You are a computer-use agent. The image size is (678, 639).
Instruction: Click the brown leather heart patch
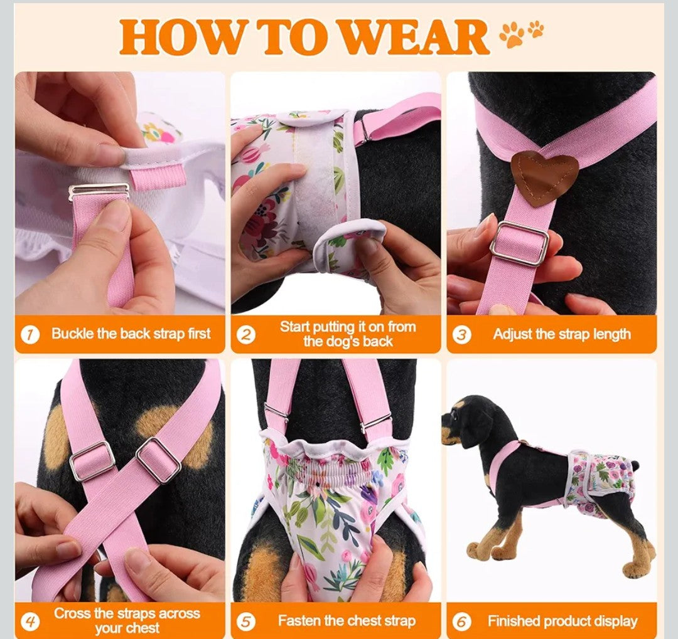(x=544, y=177)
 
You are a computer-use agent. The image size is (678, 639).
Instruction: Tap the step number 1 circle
(x=30, y=334)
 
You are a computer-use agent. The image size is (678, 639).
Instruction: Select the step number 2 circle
(x=246, y=334)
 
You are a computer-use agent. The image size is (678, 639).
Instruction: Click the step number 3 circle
(x=462, y=334)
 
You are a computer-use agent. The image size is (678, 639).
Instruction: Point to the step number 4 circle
(x=30, y=621)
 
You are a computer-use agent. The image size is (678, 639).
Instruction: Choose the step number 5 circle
(x=246, y=621)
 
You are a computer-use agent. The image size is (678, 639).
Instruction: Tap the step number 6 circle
(x=462, y=621)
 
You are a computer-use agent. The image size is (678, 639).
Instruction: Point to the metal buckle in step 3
(x=519, y=243)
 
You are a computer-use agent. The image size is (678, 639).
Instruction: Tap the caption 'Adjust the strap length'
(x=561, y=334)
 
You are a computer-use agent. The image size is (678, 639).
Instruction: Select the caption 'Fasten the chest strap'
(x=347, y=621)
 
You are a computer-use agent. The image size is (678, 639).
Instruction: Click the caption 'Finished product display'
(x=562, y=621)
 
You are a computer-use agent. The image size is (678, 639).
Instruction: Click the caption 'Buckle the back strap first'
(x=131, y=334)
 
